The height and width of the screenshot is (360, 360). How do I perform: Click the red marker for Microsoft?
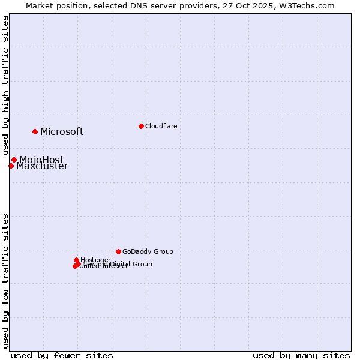pos(35,131)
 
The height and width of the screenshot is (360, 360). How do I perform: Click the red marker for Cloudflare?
pos(141,126)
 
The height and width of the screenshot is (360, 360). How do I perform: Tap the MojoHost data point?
pos(14,160)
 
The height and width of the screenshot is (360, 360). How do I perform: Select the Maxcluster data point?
pos(11,166)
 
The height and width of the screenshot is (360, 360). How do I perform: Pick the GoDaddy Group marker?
pos(118,251)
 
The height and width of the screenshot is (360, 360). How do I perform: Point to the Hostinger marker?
pos(76,260)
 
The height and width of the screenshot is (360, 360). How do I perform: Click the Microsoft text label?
pos(62,132)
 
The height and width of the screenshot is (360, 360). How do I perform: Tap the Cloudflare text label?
pos(161,126)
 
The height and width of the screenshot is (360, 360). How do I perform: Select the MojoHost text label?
pos(41,160)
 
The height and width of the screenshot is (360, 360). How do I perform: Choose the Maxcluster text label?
pos(42,167)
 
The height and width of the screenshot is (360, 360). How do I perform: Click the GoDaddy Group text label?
pos(148,252)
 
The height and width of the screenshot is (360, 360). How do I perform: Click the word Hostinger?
pos(95,260)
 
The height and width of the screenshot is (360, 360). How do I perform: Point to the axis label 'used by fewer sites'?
pos(62,355)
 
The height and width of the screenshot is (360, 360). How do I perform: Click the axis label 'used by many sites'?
pos(301,355)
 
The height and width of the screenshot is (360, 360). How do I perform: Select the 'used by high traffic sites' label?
pos(5,86)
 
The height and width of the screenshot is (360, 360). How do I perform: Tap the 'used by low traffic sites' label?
pos(5,281)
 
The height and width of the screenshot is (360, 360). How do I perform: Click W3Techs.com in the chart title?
pos(310,5)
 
